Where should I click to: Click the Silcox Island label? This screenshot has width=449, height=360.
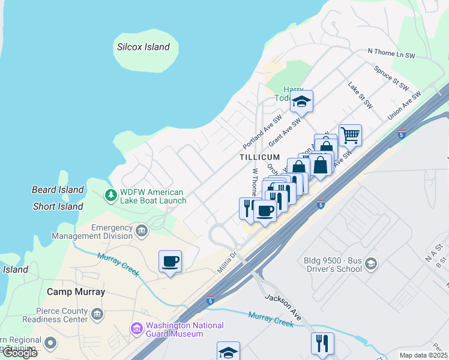click(143, 47)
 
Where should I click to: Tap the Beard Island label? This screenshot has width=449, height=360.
click(58, 190)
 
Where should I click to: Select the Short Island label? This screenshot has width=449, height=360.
click(58, 206)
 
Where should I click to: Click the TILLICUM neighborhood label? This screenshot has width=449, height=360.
click(260, 157)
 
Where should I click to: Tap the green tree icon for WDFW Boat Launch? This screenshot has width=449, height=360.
click(110, 195)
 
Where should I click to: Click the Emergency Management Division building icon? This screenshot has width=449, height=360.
click(142, 230)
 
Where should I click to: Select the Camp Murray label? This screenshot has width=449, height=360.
click(76, 292)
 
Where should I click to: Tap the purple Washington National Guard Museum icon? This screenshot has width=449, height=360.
click(137, 329)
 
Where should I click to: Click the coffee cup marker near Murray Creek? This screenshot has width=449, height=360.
click(170, 261)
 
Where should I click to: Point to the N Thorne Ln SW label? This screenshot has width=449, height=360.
click(391, 54)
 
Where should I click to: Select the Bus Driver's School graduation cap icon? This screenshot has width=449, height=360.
click(371, 264)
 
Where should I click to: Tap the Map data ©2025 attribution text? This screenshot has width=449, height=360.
click(423, 355)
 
